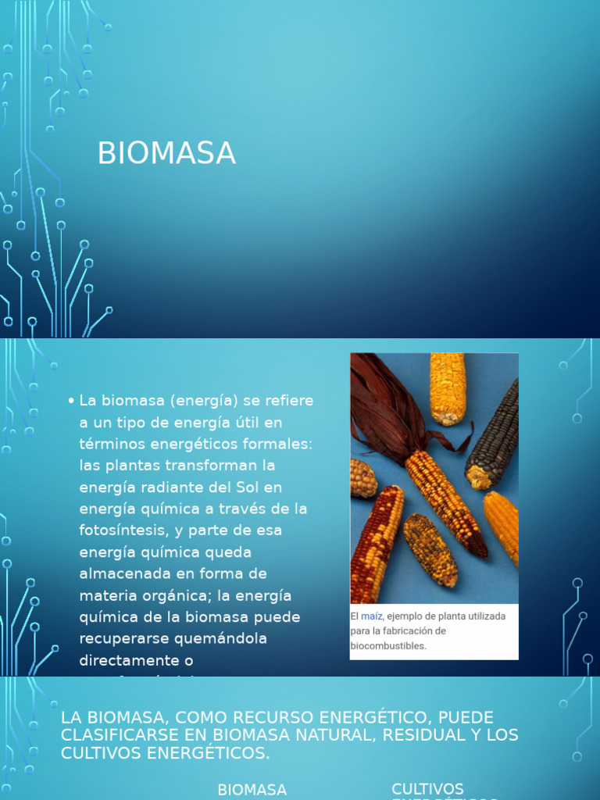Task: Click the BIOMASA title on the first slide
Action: [166, 153]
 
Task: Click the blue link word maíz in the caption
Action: [372, 616]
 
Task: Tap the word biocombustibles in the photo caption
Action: [388, 646]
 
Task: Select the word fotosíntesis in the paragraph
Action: [122, 530]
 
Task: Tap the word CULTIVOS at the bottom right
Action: [427, 789]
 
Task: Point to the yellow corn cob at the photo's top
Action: [448, 387]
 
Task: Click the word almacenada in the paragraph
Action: [123, 573]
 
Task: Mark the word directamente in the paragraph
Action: [128, 660]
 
